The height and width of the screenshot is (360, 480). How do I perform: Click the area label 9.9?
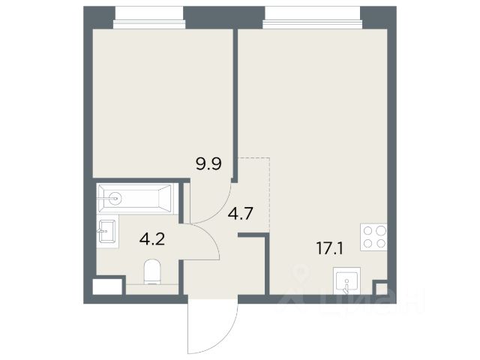[209, 163]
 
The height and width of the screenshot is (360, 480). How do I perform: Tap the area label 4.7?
[240, 213]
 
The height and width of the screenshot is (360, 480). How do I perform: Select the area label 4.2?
[152, 239]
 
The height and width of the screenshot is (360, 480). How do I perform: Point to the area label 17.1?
[330, 249]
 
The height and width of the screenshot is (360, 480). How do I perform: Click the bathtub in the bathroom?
[135, 198]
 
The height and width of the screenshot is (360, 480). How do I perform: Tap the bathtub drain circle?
[116, 198]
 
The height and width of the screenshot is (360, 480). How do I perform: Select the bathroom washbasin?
[107, 230]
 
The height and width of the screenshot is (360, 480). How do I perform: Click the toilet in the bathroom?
[152, 271]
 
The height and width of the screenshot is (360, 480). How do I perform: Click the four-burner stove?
[373, 237]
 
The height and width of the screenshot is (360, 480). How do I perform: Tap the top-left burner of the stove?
[368, 230]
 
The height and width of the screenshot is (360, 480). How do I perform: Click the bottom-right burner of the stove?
[380, 243]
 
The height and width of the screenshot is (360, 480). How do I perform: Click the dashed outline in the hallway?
[269, 193]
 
